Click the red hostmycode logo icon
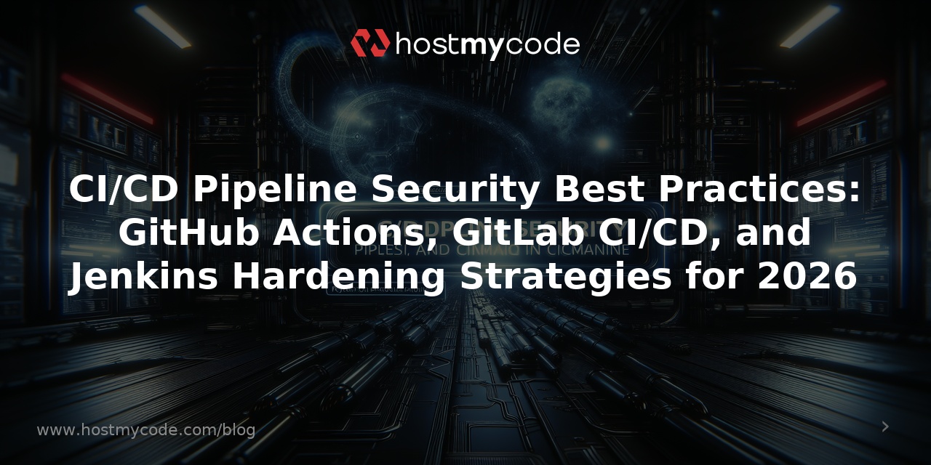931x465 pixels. (370, 44)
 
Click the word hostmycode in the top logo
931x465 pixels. (487, 44)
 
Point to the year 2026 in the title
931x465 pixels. (807, 278)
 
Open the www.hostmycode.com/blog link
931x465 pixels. (145, 430)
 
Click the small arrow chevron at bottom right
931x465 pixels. (885, 426)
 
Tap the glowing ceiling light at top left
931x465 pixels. (161, 27)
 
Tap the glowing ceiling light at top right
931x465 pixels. (810, 27)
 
